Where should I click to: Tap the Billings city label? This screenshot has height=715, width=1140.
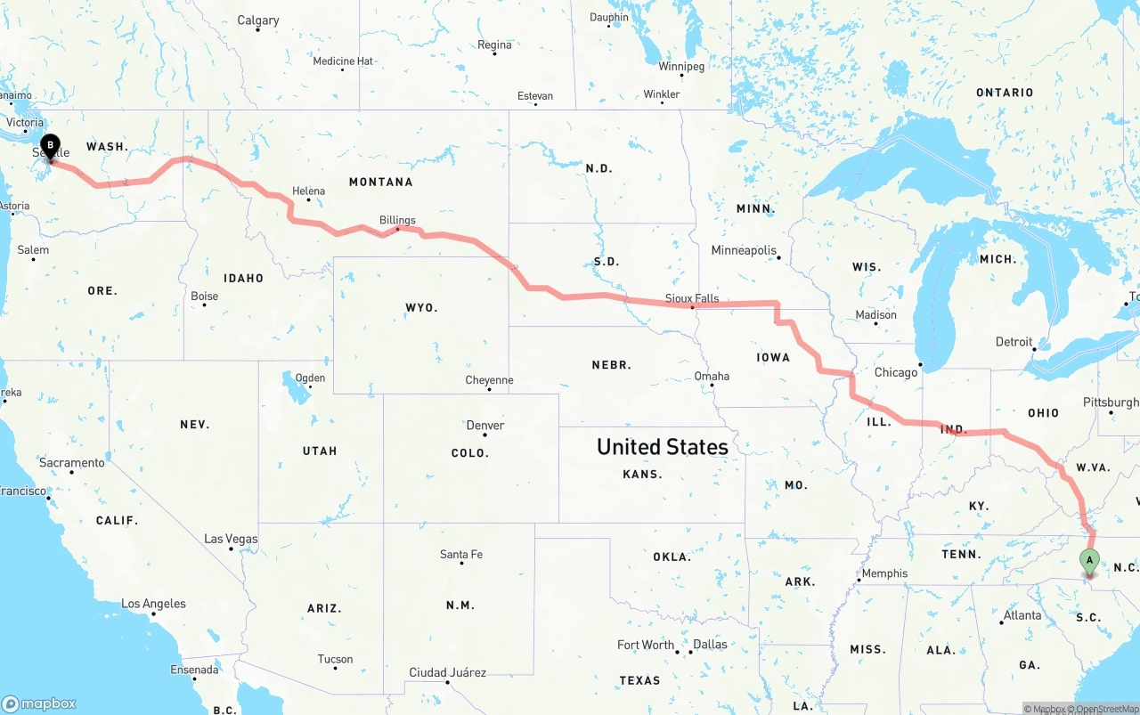click(397, 220)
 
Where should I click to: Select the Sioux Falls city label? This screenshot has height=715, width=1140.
click(692, 299)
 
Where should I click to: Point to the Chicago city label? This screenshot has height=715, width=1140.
click(895, 372)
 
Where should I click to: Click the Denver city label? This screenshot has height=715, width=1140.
click(485, 425)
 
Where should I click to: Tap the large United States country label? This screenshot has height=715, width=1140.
click(662, 446)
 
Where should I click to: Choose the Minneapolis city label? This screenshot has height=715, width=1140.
click(744, 250)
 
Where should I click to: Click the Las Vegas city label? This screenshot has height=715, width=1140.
click(231, 539)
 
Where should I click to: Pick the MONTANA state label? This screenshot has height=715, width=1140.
click(380, 182)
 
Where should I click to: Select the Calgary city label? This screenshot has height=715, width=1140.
click(257, 20)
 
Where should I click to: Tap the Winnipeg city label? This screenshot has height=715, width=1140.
click(681, 67)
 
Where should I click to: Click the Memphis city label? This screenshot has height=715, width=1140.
click(884, 573)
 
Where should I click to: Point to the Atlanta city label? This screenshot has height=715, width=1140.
click(1022, 615)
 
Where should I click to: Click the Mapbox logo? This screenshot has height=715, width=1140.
click(39, 703)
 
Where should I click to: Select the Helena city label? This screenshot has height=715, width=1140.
click(308, 191)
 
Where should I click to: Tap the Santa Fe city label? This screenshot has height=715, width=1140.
click(461, 554)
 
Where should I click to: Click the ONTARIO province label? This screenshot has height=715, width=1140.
click(1005, 93)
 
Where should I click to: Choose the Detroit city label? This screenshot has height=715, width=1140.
click(1014, 342)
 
